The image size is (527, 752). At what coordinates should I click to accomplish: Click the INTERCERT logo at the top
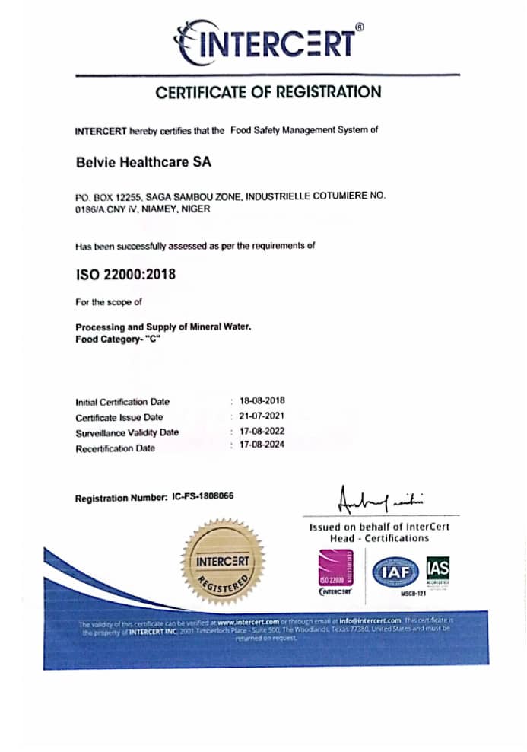(x=268, y=41)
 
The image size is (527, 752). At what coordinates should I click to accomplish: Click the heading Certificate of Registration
(x=268, y=93)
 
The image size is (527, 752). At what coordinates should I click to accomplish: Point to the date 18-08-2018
(x=262, y=400)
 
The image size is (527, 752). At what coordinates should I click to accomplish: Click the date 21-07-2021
(x=262, y=416)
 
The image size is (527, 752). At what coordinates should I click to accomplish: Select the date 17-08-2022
(x=262, y=432)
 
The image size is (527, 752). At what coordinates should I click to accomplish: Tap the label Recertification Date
(x=115, y=448)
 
